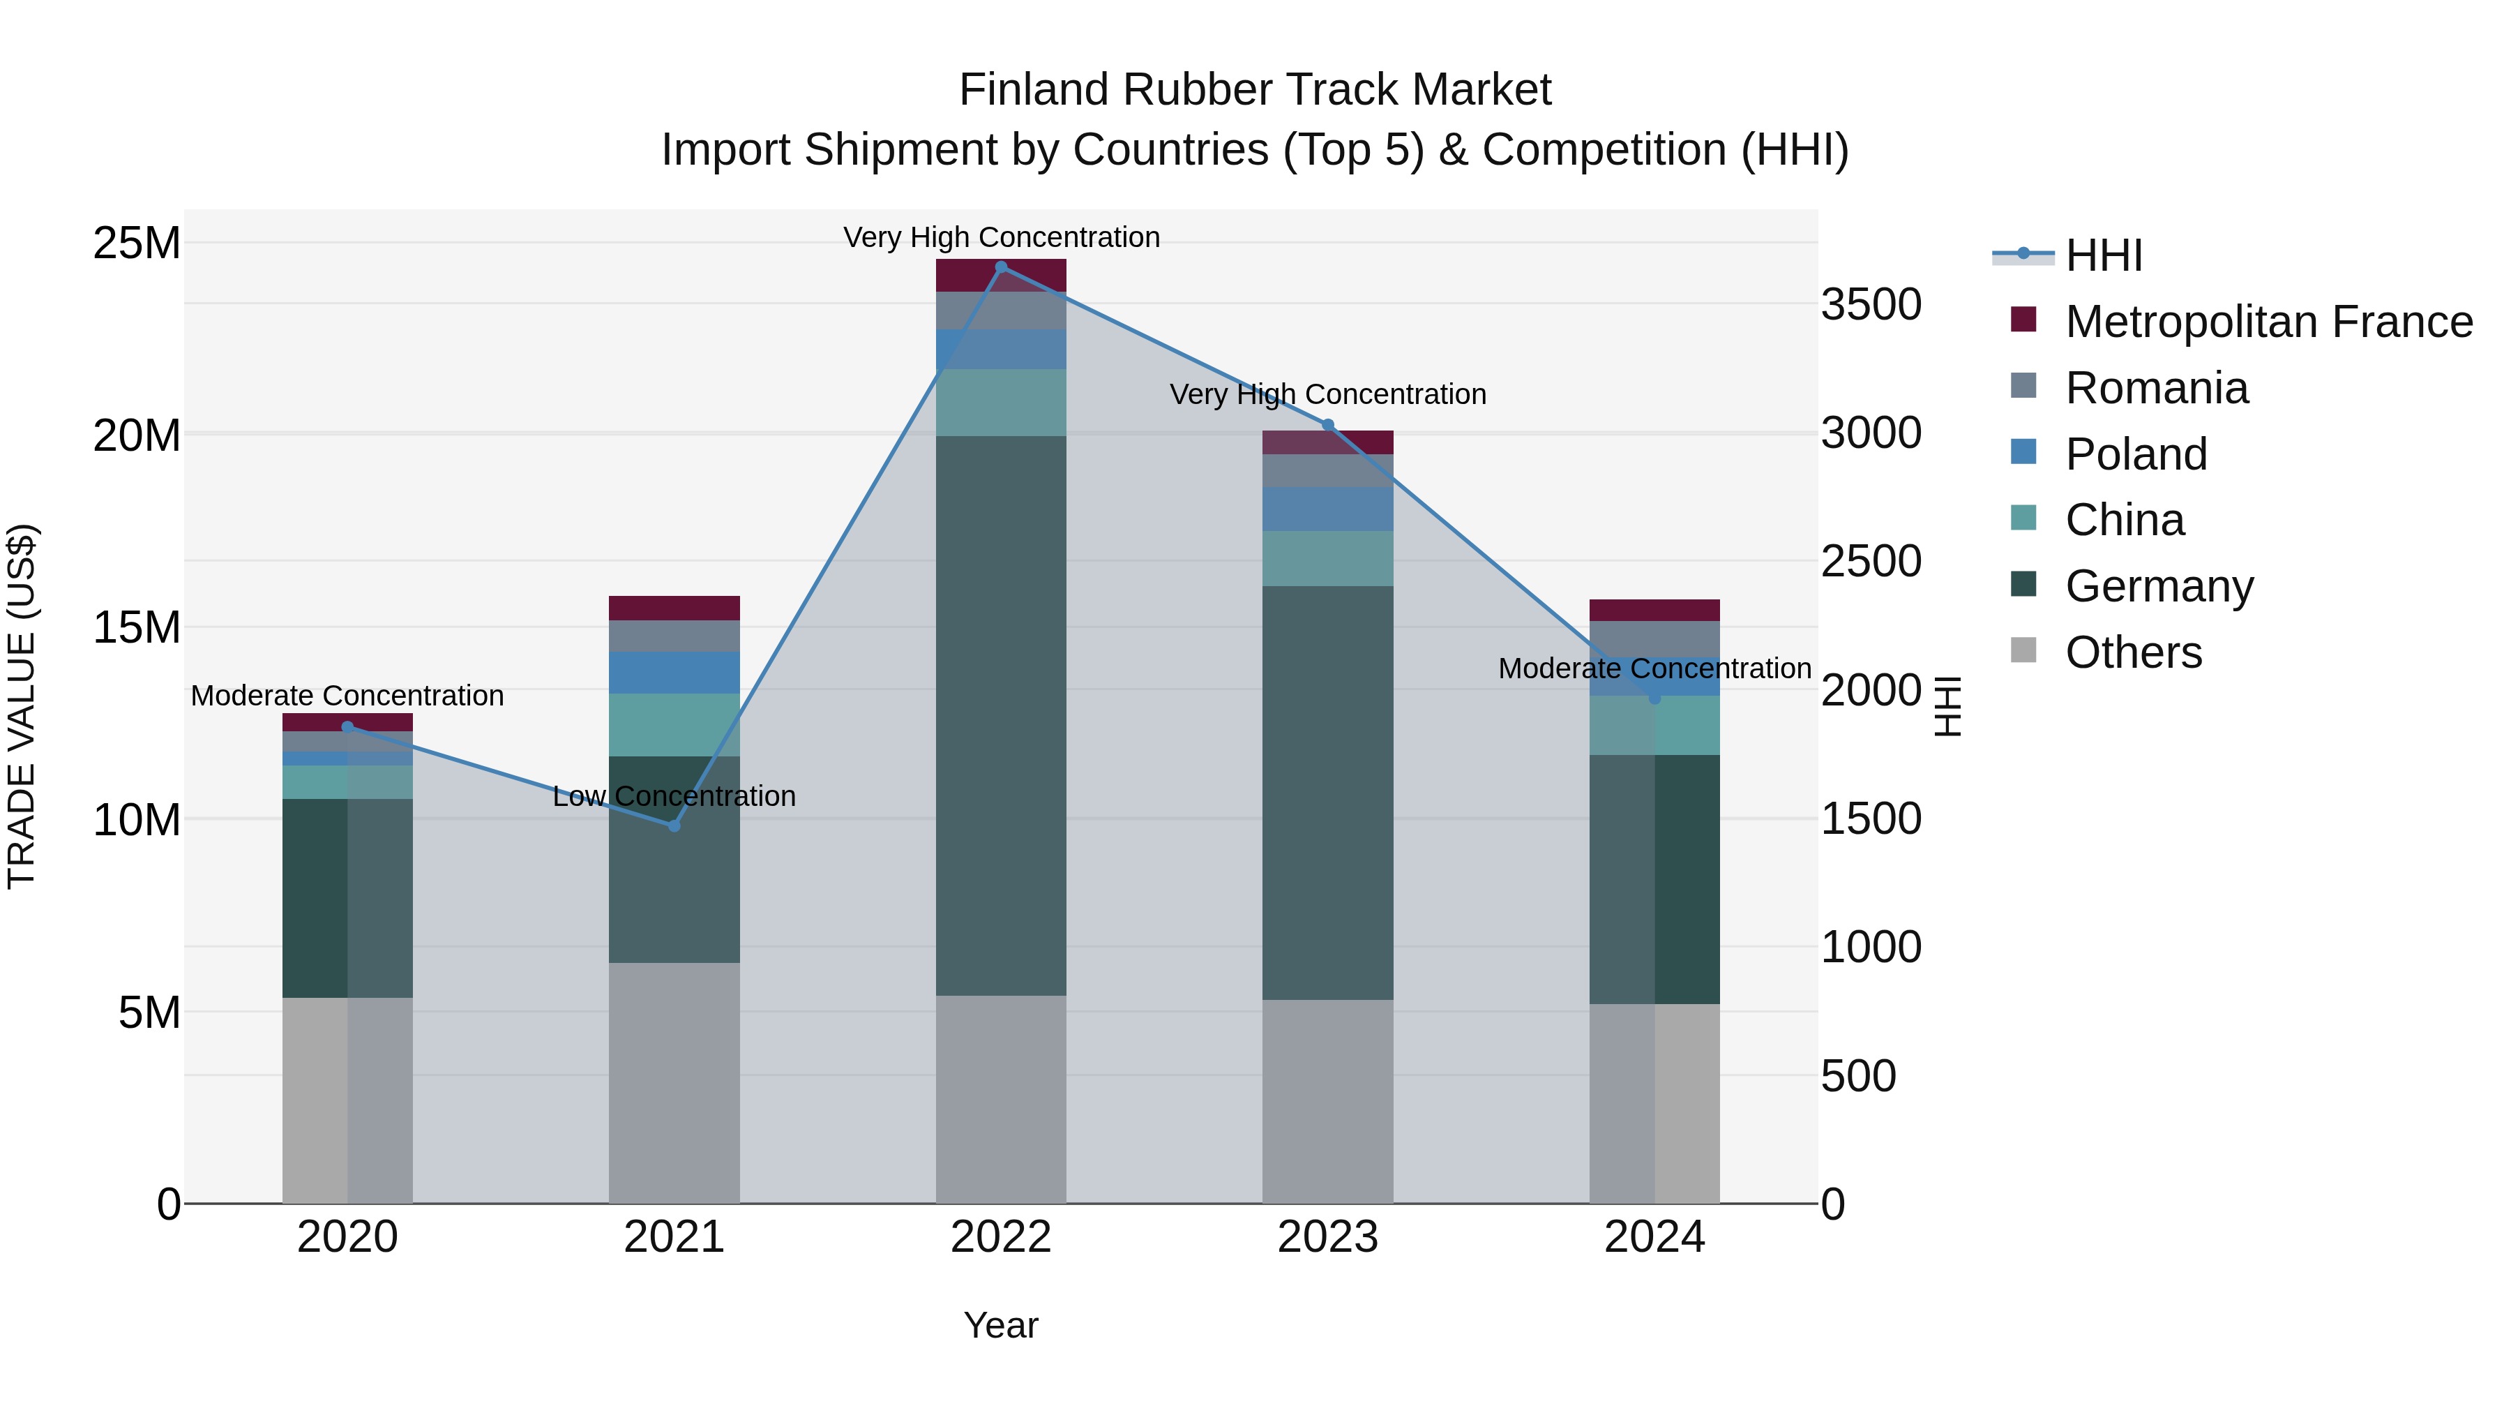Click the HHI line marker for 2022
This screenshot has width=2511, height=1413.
[x=1001, y=267]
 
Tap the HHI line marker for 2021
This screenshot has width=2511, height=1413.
[x=674, y=826]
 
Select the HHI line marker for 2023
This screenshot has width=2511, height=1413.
[x=1327, y=425]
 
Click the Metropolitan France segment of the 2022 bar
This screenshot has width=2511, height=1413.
[x=1001, y=276]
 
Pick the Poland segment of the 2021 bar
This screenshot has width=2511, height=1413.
[x=674, y=673]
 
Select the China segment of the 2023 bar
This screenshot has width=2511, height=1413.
[x=1327, y=559]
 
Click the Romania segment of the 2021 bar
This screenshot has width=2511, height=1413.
[x=674, y=636]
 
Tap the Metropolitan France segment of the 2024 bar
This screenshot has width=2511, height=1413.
[x=1654, y=611]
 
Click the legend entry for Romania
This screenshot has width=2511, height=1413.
[x=2156, y=388]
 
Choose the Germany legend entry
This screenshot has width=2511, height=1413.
[x=2159, y=586]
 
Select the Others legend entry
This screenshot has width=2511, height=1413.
[x=2133, y=652]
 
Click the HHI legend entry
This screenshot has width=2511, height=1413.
[x=2104, y=255]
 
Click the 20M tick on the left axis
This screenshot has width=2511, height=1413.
[x=137, y=435]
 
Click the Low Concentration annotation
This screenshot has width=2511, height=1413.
[x=674, y=797]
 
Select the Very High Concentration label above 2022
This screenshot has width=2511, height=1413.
[x=1001, y=238]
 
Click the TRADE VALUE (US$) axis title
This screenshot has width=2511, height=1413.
[x=22, y=706]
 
